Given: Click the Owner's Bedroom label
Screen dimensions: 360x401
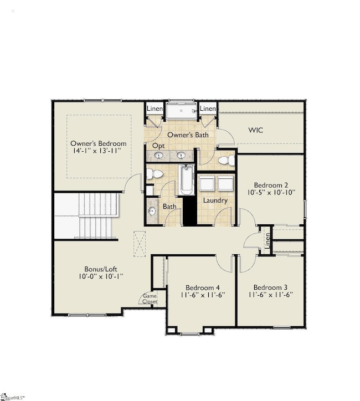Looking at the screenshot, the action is point(99,143).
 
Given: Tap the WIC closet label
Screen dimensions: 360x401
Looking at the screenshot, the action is point(256,130).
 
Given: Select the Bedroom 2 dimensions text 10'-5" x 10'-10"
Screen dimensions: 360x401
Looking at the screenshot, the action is point(271,192).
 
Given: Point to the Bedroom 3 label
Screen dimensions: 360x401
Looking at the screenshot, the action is point(270,287).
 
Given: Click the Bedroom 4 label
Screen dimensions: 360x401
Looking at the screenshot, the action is point(203,287).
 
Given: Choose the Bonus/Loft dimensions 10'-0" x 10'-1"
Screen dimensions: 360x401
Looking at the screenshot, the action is point(101,276).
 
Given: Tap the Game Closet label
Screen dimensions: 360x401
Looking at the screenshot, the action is point(150,299).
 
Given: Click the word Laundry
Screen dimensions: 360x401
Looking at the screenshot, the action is point(215,200).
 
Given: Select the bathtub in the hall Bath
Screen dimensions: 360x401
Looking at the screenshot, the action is point(186,180).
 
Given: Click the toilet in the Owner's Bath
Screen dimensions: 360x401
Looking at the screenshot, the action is point(227,161).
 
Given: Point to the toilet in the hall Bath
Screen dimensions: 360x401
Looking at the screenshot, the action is point(155,174).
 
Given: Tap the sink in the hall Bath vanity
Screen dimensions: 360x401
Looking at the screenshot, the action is point(152,211).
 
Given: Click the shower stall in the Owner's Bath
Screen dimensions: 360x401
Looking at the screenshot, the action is point(182,110).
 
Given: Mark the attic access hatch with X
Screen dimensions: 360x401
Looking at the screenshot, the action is point(140,244).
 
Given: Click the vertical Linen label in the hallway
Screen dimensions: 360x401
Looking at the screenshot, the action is point(268,240).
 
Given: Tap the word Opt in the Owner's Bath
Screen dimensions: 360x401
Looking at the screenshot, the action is point(158,146).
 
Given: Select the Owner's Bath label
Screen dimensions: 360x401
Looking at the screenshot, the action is point(188,135).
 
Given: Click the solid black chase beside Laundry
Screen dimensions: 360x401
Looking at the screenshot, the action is point(189,210).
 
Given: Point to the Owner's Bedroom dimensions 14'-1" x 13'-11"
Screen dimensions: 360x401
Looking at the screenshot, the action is point(97,151).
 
